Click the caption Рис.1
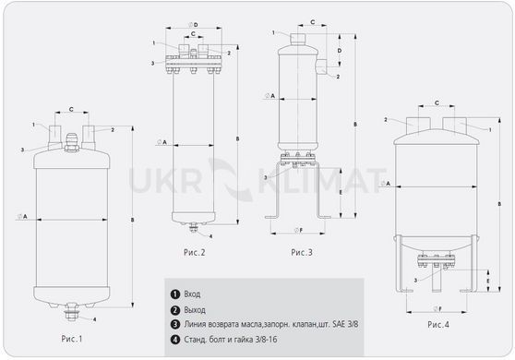72,339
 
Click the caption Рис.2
195,252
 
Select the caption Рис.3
302,252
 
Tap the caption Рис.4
438,325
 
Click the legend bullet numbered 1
175,294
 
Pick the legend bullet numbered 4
175,340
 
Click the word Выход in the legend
195,310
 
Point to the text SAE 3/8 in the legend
345,324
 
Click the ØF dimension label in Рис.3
298,230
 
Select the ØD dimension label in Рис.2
194,25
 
